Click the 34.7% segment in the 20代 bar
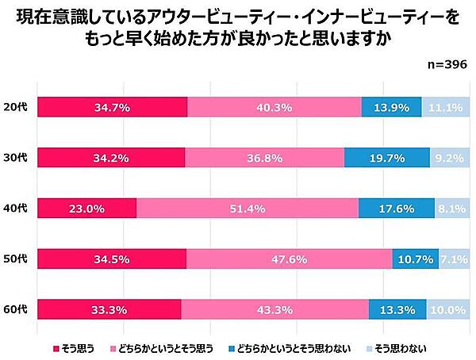112,107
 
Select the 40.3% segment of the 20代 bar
274,107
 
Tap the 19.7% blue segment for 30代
387,158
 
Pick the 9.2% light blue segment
450,158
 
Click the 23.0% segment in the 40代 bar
87,209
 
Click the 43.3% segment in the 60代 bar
274,310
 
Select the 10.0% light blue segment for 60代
447,310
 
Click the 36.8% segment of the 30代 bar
264,158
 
